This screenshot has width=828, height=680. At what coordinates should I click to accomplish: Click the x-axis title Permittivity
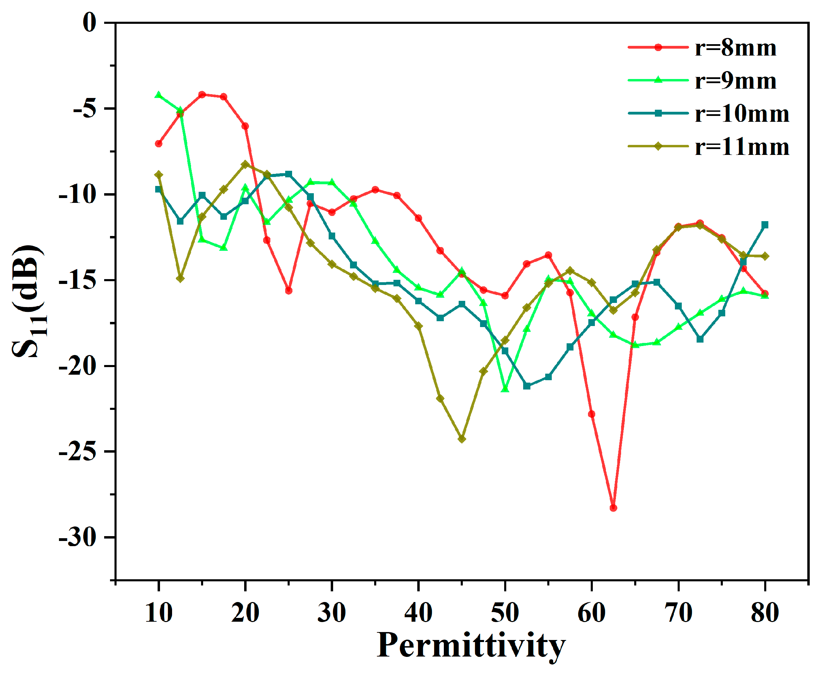471,645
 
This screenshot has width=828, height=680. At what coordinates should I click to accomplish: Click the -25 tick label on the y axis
78,452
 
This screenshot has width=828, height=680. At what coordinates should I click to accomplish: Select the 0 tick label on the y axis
89,23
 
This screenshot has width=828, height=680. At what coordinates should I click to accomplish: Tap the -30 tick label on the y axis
78,538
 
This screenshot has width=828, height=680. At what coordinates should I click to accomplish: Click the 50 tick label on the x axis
505,613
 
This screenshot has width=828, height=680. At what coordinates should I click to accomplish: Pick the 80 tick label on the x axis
764,613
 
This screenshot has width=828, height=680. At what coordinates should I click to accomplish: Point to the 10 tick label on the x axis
159,613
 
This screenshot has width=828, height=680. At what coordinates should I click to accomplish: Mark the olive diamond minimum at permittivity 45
461,439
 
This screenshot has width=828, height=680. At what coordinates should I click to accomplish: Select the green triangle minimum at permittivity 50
505,389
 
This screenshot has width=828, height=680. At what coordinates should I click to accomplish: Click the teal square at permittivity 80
764,225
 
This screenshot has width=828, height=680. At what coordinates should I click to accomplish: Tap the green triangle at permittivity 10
159,95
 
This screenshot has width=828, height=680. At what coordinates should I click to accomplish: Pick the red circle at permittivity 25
289,290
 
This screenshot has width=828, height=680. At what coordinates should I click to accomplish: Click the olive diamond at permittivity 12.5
180,278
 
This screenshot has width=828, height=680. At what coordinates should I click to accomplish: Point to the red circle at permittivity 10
159,144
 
